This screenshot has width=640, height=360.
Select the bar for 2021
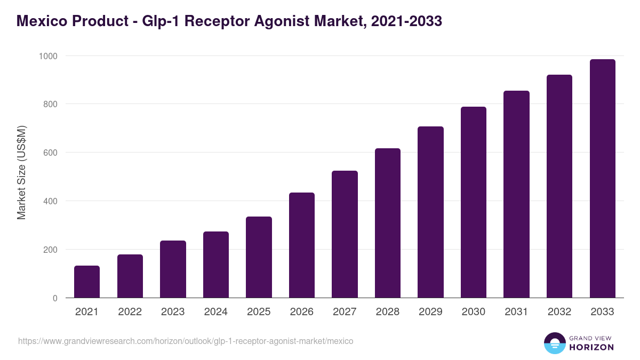pos(87,282)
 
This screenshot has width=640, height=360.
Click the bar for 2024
pos(216,265)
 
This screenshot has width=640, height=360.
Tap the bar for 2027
pos(345,234)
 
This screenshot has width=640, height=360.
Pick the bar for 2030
pos(474,202)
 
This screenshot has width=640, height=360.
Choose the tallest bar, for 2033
pos(602,178)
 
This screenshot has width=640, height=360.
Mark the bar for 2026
pos(302,245)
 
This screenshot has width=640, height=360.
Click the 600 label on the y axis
pos(51,153)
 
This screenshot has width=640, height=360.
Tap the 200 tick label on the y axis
pos(51,250)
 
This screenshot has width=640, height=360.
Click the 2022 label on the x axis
pos(130,312)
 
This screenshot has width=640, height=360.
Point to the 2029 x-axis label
pos(430,312)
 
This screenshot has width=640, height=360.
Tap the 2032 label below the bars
pos(559,312)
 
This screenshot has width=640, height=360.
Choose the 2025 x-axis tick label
pos(259,312)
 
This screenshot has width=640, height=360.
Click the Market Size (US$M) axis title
pos(21,172)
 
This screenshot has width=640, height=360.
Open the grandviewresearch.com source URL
pos(186,341)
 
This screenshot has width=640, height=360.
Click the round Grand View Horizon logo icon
pos(555,343)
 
